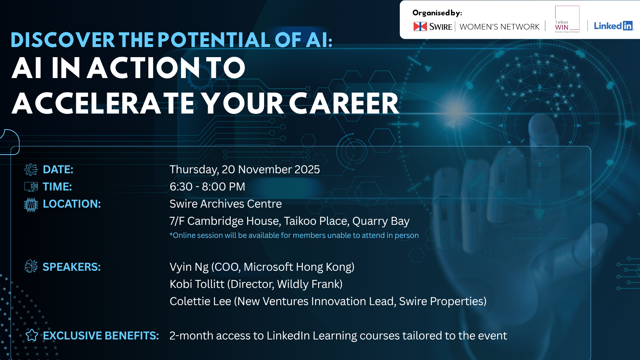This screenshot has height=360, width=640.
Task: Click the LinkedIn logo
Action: pyautogui.click(x=614, y=26)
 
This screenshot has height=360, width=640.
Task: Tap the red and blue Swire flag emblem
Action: pyautogui.click(x=420, y=27)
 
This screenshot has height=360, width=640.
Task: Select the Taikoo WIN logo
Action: pyautogui.click(x=567, y=19)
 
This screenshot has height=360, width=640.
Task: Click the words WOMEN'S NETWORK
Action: pyautogui.click(x=500, y=27)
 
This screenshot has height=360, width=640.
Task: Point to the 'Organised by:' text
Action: pyautogui.click(x=437, y=13)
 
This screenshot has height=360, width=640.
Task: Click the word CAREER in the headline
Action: pyautogui.click(x=344, y=103)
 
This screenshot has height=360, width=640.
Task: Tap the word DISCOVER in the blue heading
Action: pyautogui.click(x=63, y=40)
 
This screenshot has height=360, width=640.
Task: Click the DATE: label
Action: pyautogui.click(x=58, y=170)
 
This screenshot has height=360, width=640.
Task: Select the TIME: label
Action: pyautogui.click(x=57, y=187)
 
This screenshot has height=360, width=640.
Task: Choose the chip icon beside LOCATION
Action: pyautogui.click(x=31, y=205)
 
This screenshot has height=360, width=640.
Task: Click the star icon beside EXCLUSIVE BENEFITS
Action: pyautogui.click(x=32, y=335)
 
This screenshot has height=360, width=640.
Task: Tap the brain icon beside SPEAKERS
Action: pyautogui.click(x=31, y=266)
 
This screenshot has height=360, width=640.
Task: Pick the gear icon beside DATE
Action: pyautogui.click(x=31, y=170)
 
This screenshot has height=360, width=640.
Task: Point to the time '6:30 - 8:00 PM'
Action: pyautogui.click(x=208, y=187)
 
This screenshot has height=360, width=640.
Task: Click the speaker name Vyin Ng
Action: pyautogui.click(x=189, y=267)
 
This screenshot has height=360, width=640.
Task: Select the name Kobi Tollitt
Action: pyautogui.click(x=197, y=284)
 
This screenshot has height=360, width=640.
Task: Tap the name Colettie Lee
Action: pyautogui.click(x=200, y=301)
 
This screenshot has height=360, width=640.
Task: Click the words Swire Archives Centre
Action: pyautogui.click(x=226, y=204)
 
